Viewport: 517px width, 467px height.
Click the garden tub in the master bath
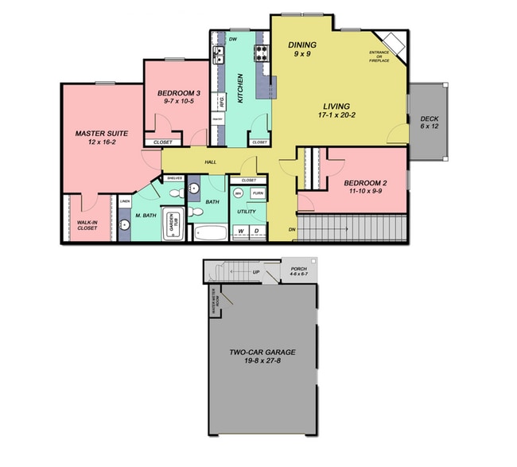(173, 225)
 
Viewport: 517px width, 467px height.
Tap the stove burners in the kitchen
(262, 54)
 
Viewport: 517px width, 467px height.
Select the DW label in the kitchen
(233, 39)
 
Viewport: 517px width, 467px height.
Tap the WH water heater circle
(239, 193)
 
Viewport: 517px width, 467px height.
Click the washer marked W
(241, 232)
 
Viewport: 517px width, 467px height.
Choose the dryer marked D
(257, 232)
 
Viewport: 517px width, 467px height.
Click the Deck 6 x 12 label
(430, 123)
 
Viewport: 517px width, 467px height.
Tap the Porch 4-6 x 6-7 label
(300, 271)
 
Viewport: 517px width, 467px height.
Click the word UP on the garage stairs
(255, 272)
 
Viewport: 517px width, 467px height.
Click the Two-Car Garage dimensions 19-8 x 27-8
(257, 361)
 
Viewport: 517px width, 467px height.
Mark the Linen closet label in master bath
(125, 202)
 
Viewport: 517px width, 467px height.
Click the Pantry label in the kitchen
(216, 120)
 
